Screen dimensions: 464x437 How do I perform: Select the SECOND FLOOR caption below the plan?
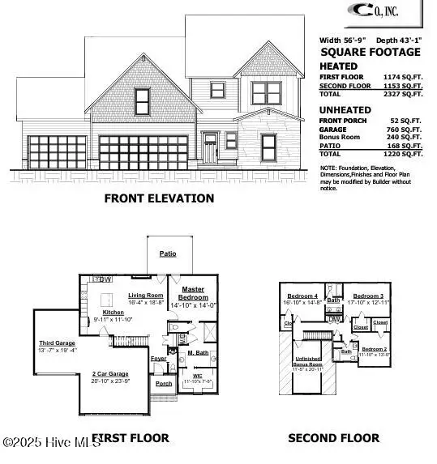click(x=333, y=438)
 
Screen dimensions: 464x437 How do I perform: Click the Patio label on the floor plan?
click(x=167, y=253)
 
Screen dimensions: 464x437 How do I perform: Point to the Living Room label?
click(x=147, y=296)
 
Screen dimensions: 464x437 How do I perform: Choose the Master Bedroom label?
click(x=192, y=293)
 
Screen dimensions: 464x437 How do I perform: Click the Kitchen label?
click(x=112, y=312)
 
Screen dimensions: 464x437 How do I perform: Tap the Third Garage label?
click(x=57, y=343)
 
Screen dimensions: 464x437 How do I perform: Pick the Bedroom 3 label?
click(x=367, y=296)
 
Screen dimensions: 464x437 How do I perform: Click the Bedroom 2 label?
click(x=375, y=348)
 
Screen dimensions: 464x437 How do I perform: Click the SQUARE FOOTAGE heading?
click(x=371, y=52)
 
